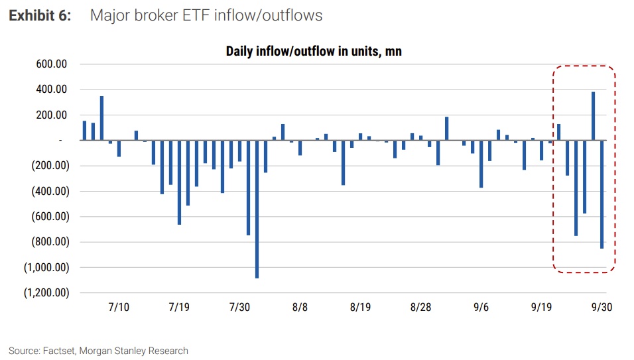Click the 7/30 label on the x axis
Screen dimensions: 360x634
click(240, 308)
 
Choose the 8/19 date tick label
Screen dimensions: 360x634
click(360, 308)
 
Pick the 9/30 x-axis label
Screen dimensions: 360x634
click(602, 308)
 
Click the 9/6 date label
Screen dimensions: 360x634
click(481, 308)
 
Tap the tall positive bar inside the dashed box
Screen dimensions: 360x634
click(593, 116)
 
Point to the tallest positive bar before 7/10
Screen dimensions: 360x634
click(101, 118)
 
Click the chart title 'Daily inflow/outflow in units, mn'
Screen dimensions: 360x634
click(314, 51)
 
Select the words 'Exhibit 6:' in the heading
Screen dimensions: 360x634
click(39, 15)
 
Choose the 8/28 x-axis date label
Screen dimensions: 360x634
click(420, 308)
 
